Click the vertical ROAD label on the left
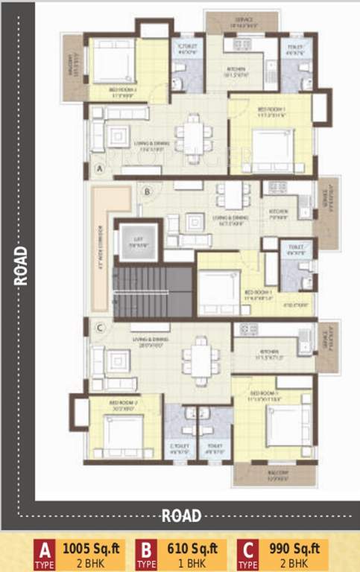click(20, 265)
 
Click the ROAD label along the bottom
click(181, 515)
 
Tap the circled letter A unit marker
click(99, 170)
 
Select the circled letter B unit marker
click(148, 191)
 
